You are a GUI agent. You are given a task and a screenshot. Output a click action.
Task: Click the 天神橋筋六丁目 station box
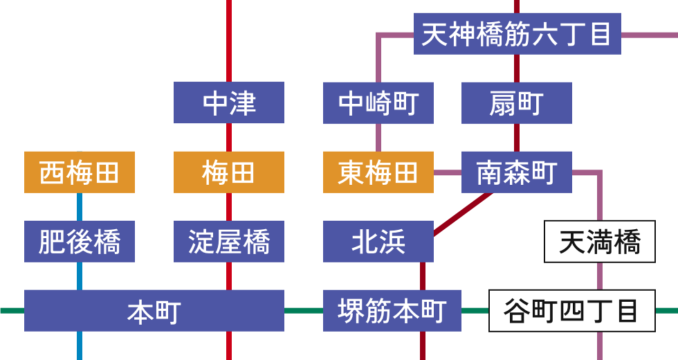pos(517,33)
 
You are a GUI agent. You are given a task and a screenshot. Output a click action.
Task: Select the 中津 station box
pos(228,102)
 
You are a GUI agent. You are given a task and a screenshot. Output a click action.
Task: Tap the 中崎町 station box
pos(378,102)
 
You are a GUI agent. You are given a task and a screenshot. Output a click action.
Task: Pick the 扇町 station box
pos(516,102)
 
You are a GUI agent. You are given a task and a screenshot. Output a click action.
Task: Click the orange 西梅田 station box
pos(79,172)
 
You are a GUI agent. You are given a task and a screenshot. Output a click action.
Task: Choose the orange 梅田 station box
pos(228,172)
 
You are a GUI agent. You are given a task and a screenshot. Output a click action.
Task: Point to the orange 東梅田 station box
pos(378,172)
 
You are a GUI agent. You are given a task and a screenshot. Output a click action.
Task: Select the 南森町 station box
pos(516,172)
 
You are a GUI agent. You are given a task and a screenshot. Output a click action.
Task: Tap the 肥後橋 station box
pos(79,241)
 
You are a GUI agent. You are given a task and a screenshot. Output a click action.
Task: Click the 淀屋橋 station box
pos(228,241)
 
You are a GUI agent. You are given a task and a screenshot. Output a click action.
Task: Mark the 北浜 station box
pos(378,241)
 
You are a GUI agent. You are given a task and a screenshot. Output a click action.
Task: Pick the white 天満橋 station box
pos(599,242)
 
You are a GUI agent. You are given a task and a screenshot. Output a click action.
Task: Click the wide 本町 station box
pos(154,310)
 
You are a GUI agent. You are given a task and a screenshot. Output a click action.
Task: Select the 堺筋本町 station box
pos(392,310)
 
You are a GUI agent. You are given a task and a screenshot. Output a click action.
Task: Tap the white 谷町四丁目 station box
pos(571,311)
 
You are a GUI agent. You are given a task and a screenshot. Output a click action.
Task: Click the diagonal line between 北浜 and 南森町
pos(462,214)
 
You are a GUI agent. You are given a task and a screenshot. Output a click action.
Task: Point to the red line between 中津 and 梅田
pos(229,137)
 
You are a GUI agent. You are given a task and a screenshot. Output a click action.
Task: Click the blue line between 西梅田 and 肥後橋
pos(80,206)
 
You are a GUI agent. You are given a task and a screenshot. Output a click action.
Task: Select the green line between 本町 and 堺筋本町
pos(303,310)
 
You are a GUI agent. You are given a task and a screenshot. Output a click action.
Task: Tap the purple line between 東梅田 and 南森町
pos(447,172)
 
